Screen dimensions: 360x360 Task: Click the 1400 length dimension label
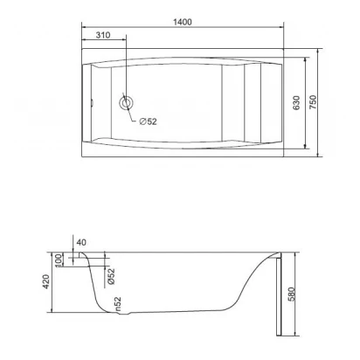click(183, 22)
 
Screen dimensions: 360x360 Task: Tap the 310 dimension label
click(103, 35)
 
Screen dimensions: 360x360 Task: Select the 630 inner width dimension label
click(296, 102)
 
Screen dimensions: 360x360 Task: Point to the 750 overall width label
click(313, 102)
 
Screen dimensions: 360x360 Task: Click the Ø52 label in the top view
click(149, 121)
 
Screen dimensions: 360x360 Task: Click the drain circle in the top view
click(127, 103)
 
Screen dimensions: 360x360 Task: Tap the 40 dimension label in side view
click(81, 242)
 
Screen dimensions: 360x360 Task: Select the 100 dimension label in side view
click(59, 260)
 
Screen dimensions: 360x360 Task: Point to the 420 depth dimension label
click(46, 281)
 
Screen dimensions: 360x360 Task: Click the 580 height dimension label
click(292, 294)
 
